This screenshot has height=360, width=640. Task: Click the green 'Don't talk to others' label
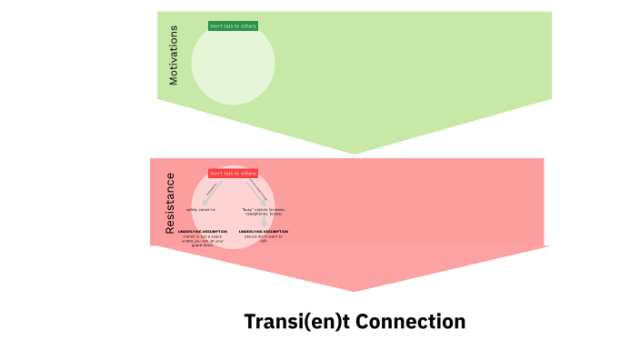click(x=233, y=26)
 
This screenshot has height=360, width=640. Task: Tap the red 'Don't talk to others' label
click(x=233, y=173)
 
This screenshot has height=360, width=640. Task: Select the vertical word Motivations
click(x=174, y=55)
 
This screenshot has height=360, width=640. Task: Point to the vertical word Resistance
click(x=170, y=204)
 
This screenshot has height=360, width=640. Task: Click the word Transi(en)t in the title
click(x=292, y=322)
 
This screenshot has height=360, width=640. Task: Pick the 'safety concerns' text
click(x=201, y=209)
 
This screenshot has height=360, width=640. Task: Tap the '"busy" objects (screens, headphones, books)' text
click(x=264, y=212)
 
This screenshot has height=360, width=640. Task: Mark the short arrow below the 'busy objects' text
click(x=265, y=222)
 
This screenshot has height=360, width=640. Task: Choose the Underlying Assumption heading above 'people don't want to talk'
click(x=264, y=231)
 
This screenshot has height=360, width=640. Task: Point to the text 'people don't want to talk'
click(x=264, y=238)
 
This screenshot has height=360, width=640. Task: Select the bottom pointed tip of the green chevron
click(x=355, y=153)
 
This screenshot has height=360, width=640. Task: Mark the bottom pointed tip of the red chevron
click(x=355, y=290)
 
